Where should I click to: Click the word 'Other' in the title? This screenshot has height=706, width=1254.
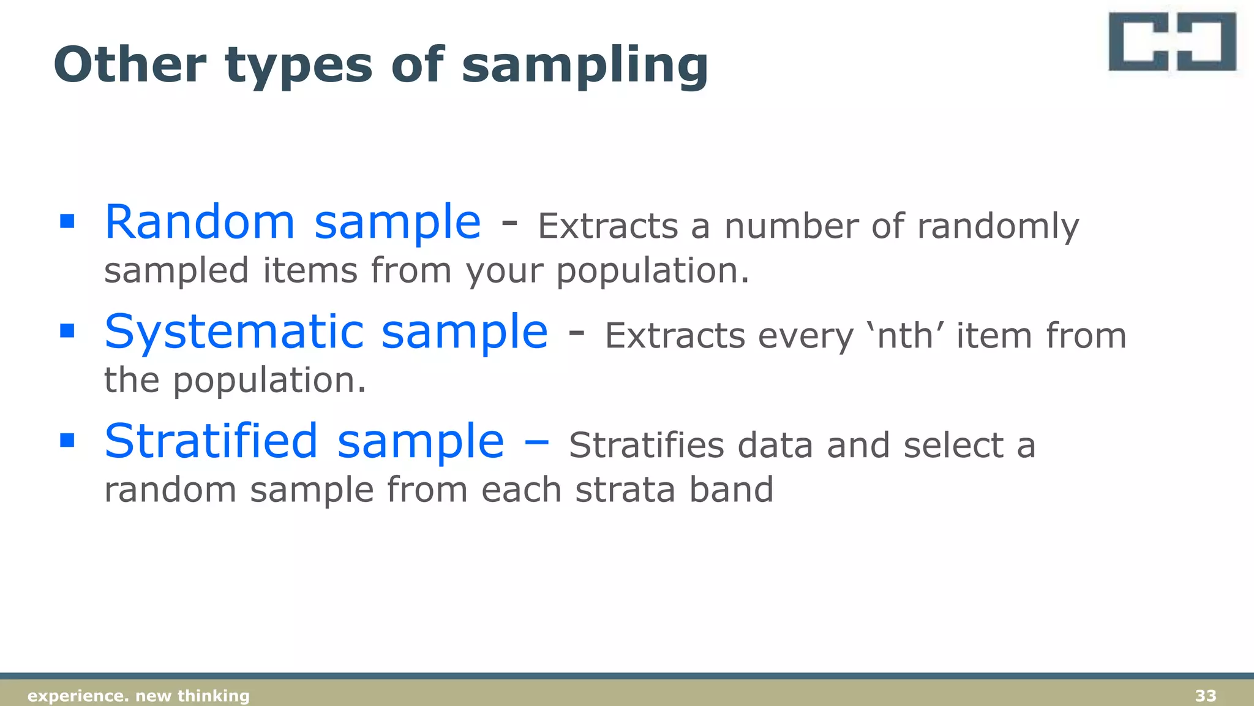tap(130, 65)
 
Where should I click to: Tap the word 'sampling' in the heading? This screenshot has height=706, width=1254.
tap(585, 66)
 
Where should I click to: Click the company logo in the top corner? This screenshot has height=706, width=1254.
tap(1172, 42)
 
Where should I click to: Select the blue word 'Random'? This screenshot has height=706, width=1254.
tap(200, 222)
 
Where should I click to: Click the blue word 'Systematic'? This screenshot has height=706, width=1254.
tap(233, 332)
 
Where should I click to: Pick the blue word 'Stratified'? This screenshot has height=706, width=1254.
tap(211, 441)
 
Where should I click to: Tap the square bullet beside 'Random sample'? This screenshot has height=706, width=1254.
tap(67, 221)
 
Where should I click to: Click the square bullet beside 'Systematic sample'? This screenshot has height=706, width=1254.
tap(67, 331)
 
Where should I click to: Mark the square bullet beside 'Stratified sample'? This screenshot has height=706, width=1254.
tap(67, 440)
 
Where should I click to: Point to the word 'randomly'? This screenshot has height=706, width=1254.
tap(998, 227)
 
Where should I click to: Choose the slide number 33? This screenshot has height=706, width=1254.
tap(1206, 696)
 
